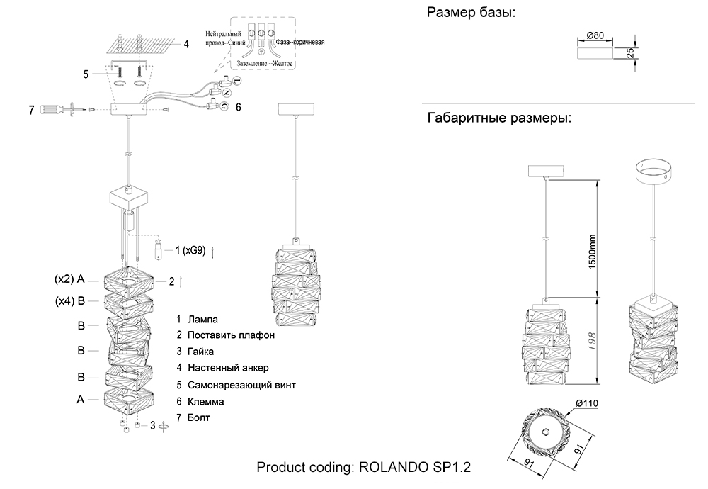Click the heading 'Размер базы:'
pos(470,13)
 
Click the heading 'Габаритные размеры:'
pos(499,118)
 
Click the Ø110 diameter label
pos(587,403)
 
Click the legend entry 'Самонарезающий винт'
pos(241,385)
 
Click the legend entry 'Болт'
pos(199,417)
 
